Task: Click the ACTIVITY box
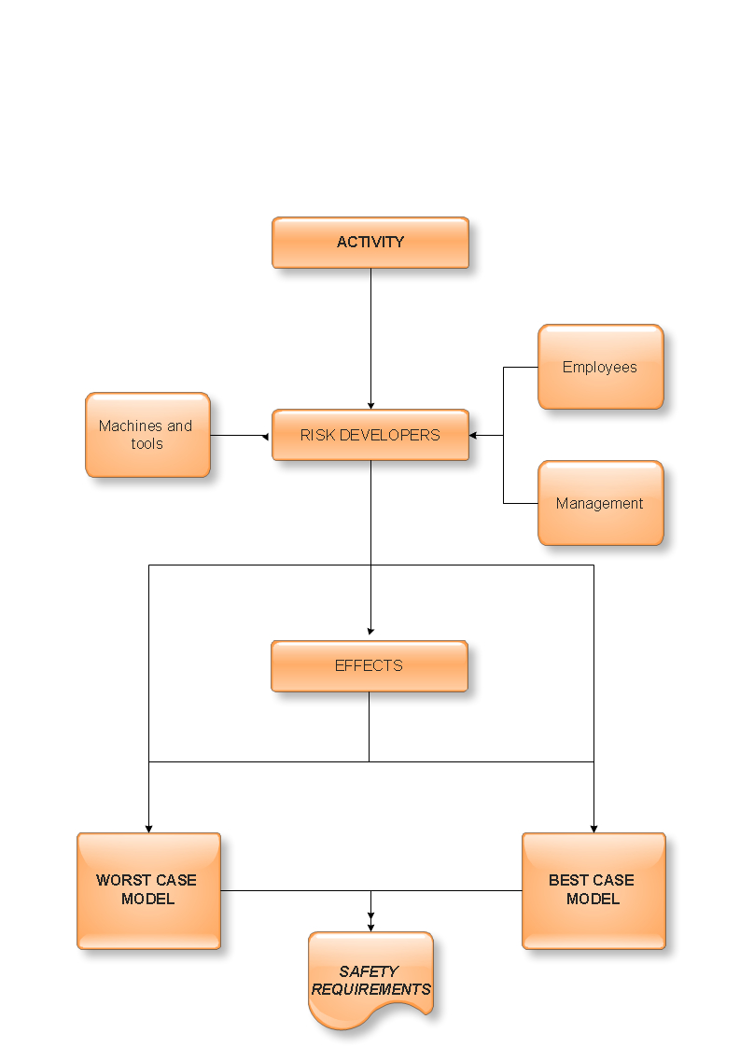tap(370, 243)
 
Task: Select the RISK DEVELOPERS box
tap(370, 435)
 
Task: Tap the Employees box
tap(600, 367)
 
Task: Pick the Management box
tap(600, 503)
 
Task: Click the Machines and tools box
tap(147, 435)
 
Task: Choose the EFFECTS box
tap(370, 666)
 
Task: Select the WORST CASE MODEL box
tap(148, 890)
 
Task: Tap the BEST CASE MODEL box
tap(593, 890)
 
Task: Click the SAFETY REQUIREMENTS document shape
tap(370, 980)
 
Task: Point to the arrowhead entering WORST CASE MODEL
tap(149, 828)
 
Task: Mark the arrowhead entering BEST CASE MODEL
tap(593, 828)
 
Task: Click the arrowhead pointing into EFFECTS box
tap(370, 632)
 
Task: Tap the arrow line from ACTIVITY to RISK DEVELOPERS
tap(370, 336)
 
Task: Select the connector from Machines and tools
tap(238, 435)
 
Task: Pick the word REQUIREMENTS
tap(371, 989)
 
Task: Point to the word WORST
tap(119, 880)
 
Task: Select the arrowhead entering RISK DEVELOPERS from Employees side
tap(473, 435)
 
